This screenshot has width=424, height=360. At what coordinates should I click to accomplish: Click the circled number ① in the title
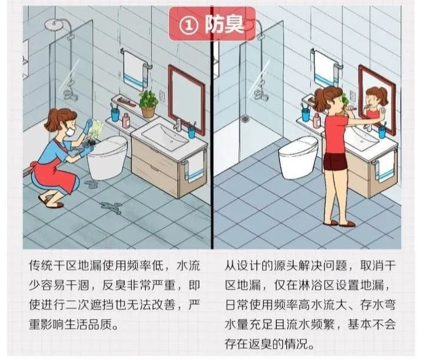(187, 24)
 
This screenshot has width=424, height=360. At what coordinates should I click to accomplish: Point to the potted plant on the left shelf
(148, 104)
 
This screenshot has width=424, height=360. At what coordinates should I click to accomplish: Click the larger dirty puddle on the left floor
(112, 207)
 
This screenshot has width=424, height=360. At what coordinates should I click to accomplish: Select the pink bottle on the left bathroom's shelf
(125, 118)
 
